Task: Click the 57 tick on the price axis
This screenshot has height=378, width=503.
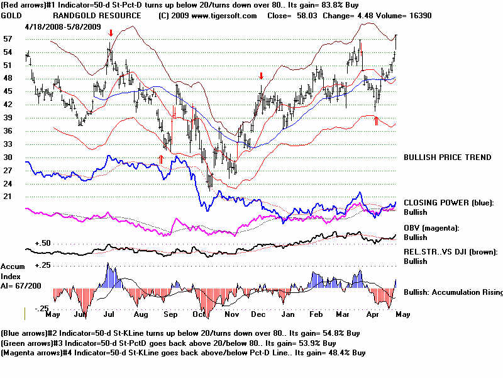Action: pos(8,38)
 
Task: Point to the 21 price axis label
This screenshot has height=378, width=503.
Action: pos(8,197)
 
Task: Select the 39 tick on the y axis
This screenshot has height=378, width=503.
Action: pos(8,117)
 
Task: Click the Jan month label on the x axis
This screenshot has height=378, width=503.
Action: pos(288,313)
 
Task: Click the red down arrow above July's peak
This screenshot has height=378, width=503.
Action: pos(111,33)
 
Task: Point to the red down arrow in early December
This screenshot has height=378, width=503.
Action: pos(261,76)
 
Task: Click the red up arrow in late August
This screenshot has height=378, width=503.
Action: pos(161,159)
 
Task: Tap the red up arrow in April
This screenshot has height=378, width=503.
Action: pos(376,120)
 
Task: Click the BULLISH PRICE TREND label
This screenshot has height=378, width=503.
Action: pos(447,157)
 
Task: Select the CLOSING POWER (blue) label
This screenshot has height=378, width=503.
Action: pos(449,203)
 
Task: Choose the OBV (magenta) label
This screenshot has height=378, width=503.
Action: pos(432,227)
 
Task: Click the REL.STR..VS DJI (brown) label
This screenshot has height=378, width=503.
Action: pos(450,252)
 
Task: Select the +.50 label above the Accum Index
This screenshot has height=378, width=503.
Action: pos(43,243)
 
